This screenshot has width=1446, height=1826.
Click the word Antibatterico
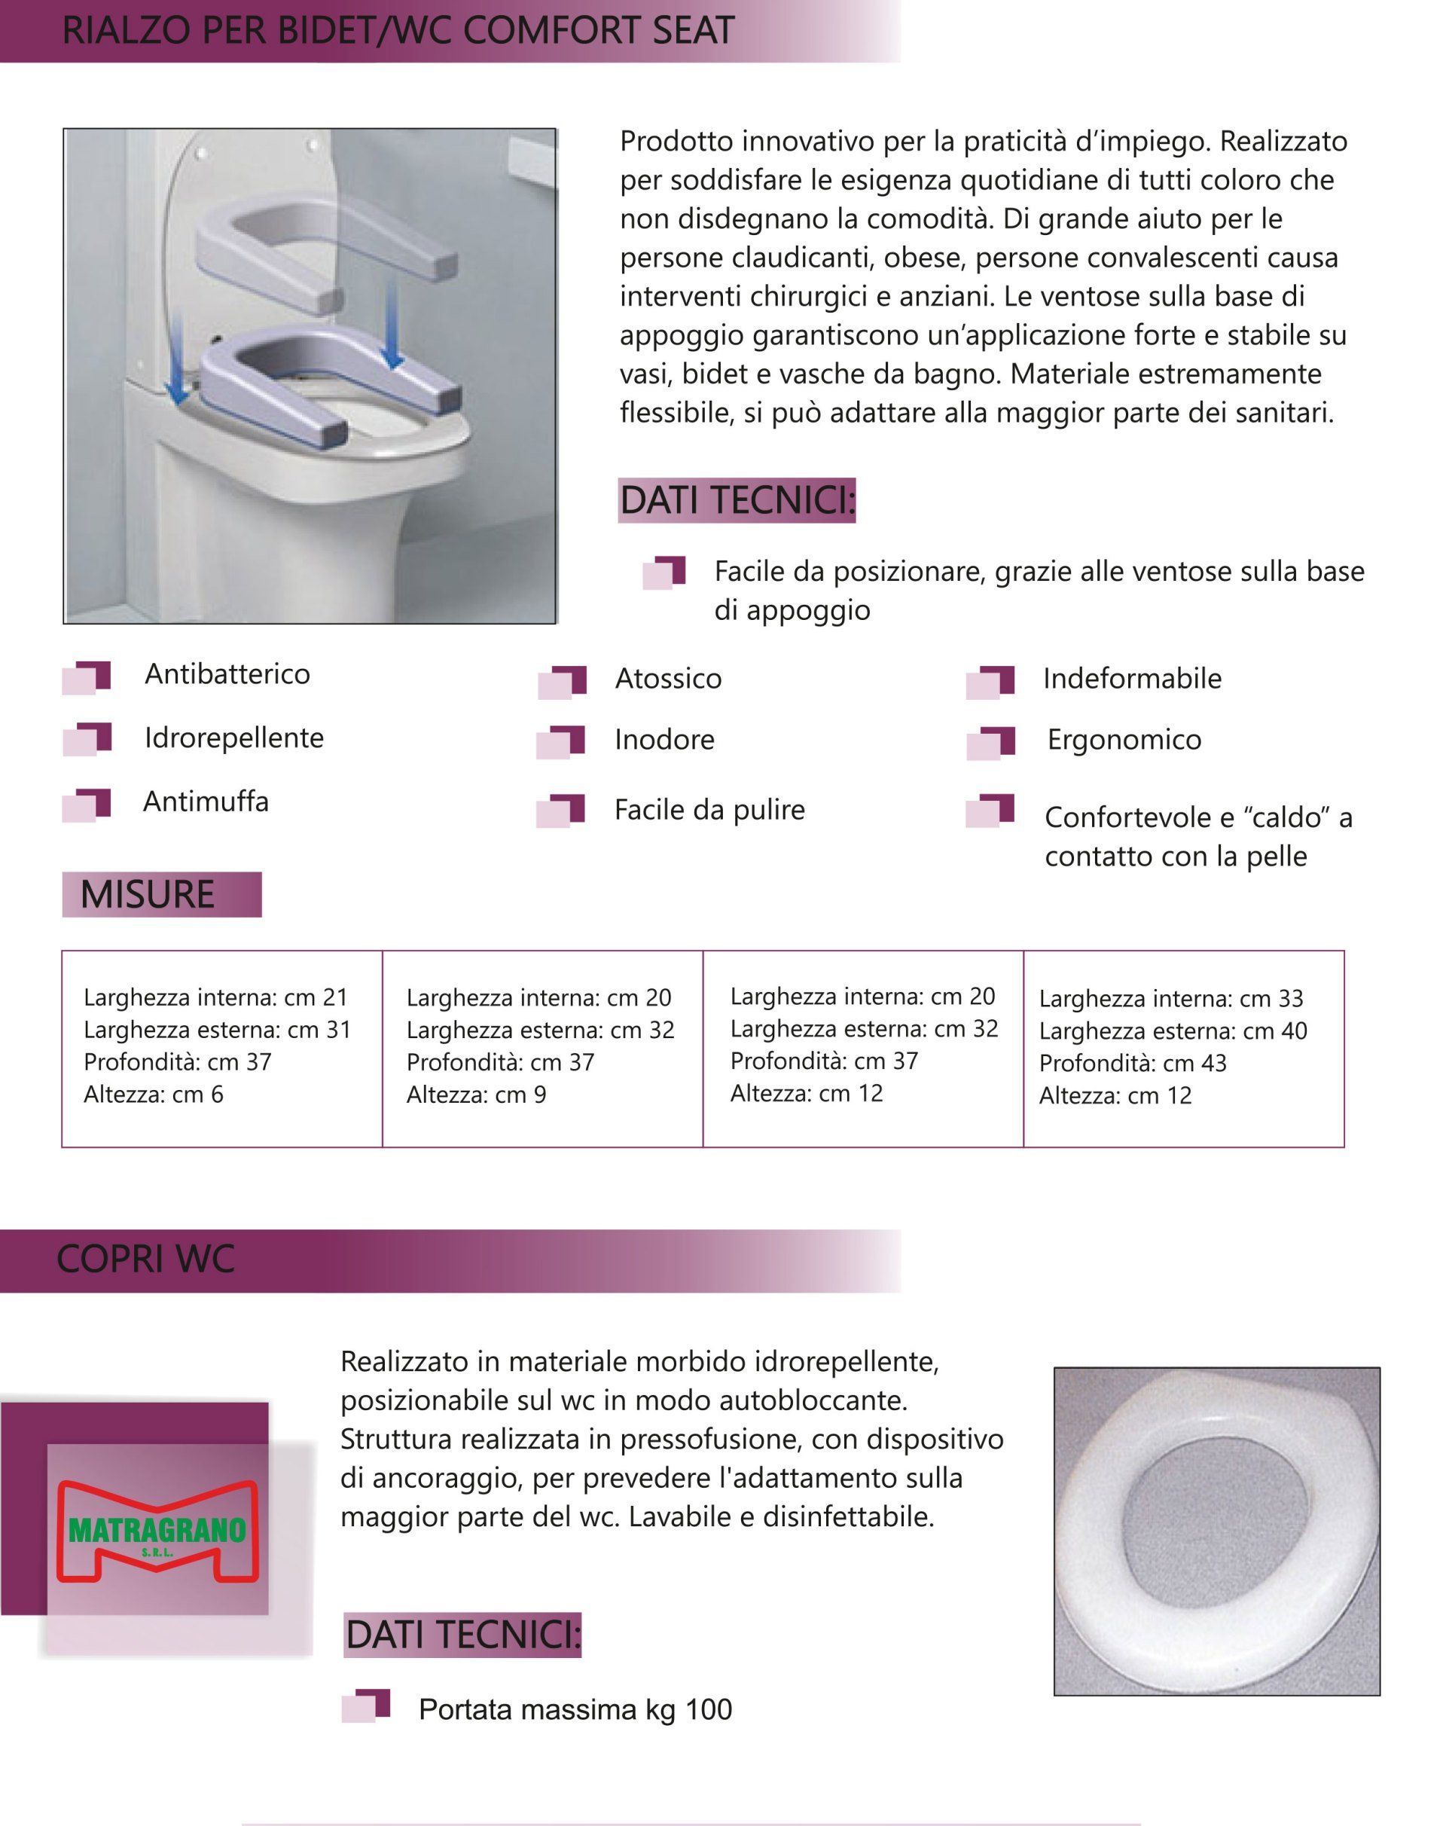point(227,674)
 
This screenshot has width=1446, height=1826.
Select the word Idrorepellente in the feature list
point(234,737)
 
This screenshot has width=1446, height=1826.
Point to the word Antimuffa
point(206,802)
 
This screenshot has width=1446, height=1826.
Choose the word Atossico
point(668,679)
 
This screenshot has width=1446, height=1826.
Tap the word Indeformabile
point(1132,679)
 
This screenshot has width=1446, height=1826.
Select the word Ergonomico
point(1124,740)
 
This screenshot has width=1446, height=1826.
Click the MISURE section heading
point(148,894)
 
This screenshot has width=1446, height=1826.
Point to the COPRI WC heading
point(145,1259)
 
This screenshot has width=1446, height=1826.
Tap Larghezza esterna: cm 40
point(1173,1031)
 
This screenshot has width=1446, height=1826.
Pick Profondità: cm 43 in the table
point(1133,1063)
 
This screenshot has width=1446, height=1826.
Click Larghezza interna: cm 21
point(216,997)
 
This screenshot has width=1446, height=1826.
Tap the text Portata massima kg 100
point(575,1710)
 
